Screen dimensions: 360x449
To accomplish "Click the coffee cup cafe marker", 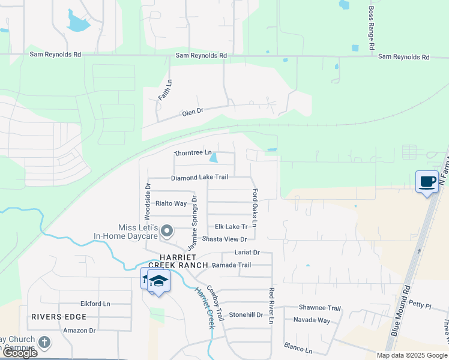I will [x=427, y=181].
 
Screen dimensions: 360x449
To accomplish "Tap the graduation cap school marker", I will [x=158, y=281].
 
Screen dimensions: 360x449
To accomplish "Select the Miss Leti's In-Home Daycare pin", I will [x=169, y=230].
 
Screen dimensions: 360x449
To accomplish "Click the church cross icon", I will [x=44, y=342].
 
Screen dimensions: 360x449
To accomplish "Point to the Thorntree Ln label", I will [x=193, y=154].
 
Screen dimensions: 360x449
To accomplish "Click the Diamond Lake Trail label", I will [x=199, y=178].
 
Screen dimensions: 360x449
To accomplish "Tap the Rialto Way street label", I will [x=171, y=203].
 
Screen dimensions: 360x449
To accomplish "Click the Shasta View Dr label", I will [x=224, y=239].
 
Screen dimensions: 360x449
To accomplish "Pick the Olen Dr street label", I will [x=193, y=112].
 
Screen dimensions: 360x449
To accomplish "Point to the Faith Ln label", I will [x=164, y=90].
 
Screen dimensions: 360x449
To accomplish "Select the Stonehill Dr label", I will [x=246, y=314].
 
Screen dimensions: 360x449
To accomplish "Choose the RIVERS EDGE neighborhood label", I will [x=59, y=316].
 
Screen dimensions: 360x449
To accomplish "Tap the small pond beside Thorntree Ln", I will [x=214, y=158].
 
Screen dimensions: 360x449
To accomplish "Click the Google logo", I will [x=20, y=353].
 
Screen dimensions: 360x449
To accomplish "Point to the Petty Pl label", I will [x=420, y=305].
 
